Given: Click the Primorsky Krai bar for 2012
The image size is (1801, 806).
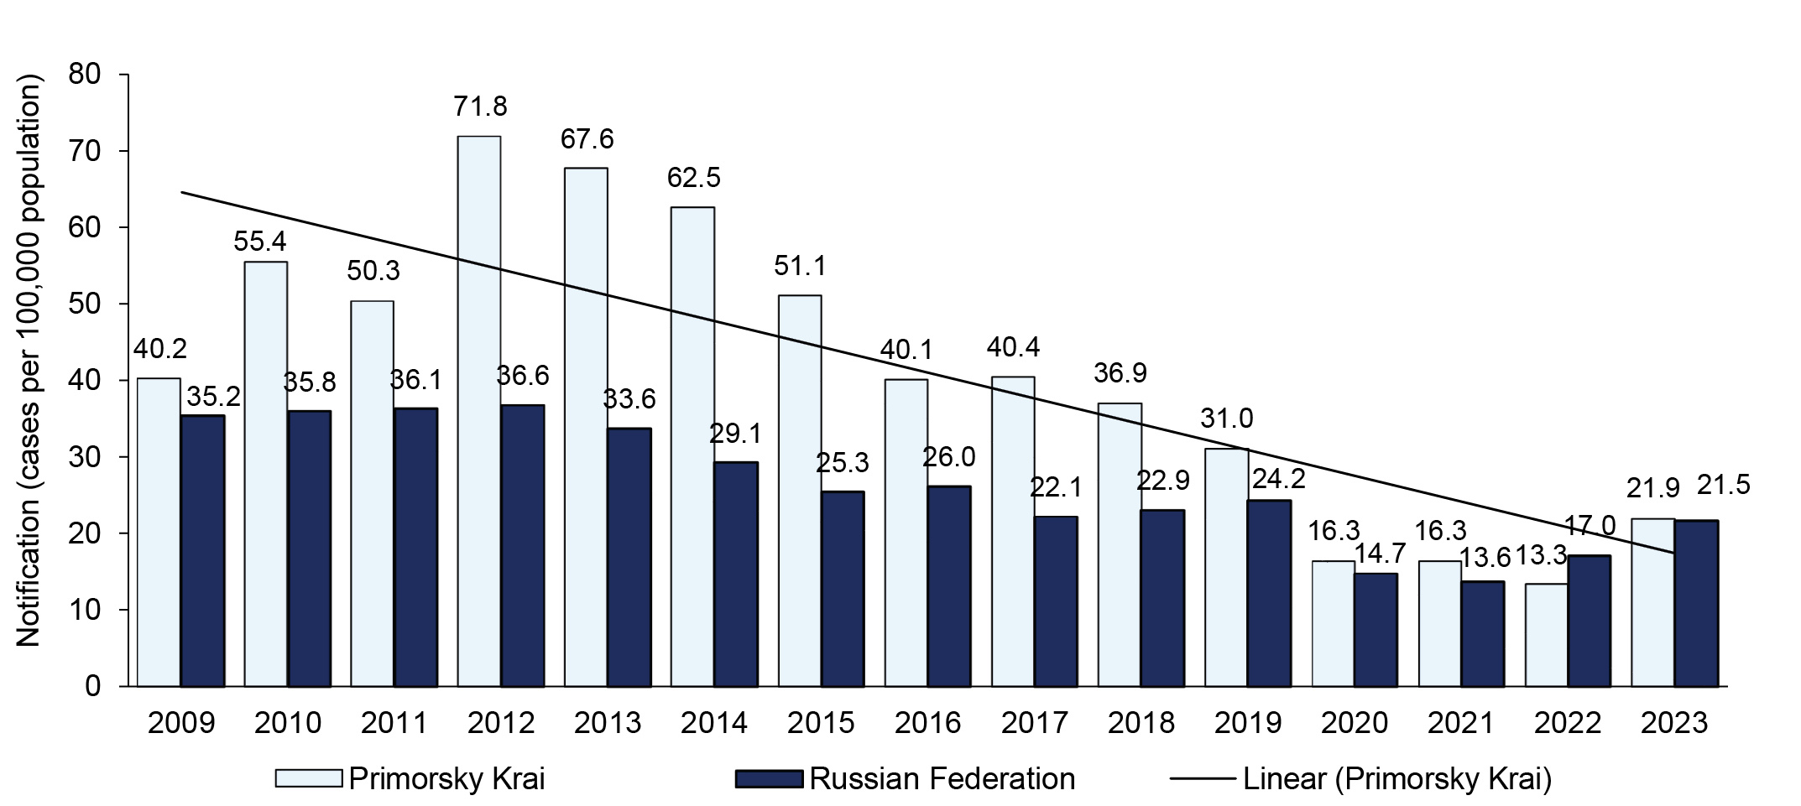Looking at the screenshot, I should point(479,411).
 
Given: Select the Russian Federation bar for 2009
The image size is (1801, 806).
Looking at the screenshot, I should point(202,550).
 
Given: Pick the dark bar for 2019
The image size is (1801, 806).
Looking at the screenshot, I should point(1269,593).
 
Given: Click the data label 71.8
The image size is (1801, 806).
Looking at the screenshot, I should point(480,107).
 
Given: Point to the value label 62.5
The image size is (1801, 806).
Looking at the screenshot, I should point(693,178).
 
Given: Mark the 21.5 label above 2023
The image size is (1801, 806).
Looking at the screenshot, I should point(1723,485).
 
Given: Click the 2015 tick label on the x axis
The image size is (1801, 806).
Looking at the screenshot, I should point(821,723).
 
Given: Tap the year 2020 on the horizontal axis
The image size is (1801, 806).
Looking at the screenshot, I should point(1354,723).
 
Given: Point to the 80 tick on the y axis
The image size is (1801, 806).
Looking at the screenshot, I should point(84,75).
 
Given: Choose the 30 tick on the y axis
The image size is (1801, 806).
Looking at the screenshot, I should point(84,457).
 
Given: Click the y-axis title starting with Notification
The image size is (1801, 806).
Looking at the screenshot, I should point(29,361).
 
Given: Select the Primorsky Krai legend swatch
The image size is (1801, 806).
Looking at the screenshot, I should point(308,778).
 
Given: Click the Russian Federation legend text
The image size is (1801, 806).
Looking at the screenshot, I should point(942,778).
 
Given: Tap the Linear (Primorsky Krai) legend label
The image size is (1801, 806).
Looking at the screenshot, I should point(1396,778).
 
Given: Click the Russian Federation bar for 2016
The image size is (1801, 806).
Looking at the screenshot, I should point(949,585).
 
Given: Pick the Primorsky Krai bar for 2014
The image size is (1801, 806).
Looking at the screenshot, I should point(692,446).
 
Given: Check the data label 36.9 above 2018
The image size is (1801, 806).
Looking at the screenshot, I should point(1120,372).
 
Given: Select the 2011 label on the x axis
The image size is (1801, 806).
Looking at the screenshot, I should point(394,723).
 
